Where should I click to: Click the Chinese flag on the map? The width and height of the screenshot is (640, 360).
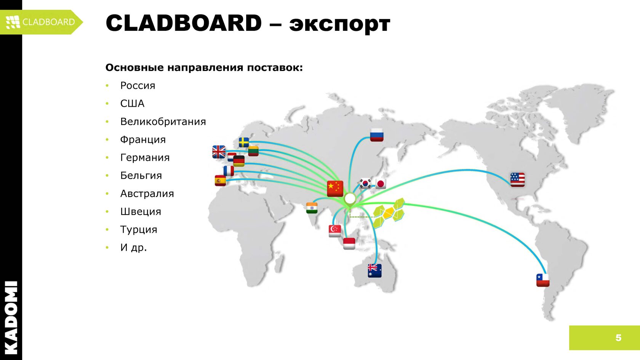(335, 188)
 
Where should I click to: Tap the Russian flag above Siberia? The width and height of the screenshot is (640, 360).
(377, 135)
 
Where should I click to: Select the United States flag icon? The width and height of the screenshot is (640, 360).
(517, 179)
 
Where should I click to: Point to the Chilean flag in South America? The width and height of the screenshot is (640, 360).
(543, 280)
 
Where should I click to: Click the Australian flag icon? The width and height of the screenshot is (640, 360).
(374, 270)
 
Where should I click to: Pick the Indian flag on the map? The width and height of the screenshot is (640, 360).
(312, 208)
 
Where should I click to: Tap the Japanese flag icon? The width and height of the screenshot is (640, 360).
(381, 184)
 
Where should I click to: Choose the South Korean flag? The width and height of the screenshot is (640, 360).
(365, 183)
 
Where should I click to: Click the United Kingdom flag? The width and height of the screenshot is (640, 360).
(219, 152)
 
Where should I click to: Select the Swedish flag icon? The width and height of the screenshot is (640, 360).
(244, 142)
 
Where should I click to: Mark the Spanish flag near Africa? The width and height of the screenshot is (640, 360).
(220, 180)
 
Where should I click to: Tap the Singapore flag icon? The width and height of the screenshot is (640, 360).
(334, 230)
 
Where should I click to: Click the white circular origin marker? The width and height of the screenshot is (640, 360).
(350, 198)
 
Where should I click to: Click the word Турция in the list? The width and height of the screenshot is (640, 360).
(139, 229)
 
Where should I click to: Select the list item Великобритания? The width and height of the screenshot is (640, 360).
(163, 122)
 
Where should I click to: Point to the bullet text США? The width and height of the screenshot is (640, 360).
(132, 104)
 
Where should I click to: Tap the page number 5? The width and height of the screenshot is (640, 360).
(618, 338)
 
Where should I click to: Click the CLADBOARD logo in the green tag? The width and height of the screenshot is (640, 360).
(41, 22)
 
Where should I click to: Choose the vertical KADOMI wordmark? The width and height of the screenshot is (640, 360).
(11, 317)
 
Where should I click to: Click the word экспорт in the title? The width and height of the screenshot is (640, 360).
(339, 24)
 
